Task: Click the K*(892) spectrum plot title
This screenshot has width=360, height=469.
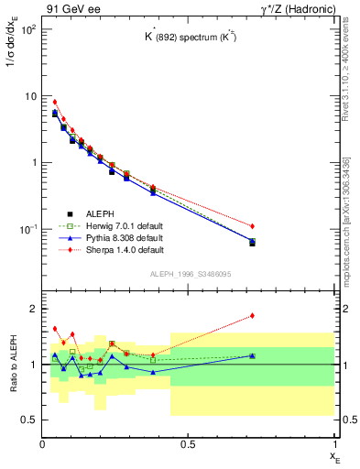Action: click(188, 38)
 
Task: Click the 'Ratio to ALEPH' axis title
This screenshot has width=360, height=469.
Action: click(14, 365)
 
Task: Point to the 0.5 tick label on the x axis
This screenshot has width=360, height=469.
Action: click(188, 444)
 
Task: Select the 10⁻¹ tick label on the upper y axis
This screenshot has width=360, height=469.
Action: click(27, 229)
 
